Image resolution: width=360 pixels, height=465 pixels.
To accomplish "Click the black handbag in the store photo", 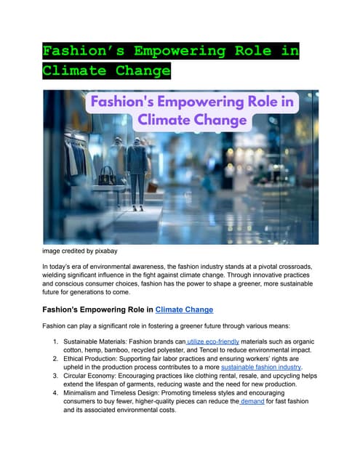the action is (x=108, y=175).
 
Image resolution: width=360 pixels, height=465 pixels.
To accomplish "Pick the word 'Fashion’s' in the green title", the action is (x=81, y=52).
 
